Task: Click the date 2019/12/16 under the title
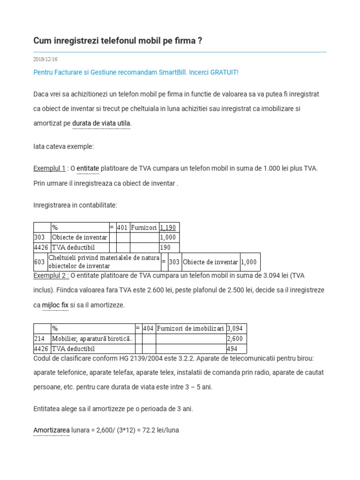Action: [x=45, y=60]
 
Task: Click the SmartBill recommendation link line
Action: [x=136, y=73]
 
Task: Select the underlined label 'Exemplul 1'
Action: [x=49, y=168]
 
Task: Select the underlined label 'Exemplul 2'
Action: [x=51, y=275]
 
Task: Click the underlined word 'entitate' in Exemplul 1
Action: [x=88, y=168]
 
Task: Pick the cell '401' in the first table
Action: [x=122, y=227]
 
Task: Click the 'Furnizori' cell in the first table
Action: [x=144, y=227]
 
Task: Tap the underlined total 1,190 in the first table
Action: [x=168, y=227]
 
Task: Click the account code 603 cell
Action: [x=40, y=262]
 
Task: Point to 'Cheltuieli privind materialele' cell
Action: [x=104, y=262]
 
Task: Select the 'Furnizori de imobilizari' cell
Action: [x=190, y=329]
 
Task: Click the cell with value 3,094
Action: [x=235, y=329]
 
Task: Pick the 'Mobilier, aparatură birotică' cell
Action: [x=92, y=338]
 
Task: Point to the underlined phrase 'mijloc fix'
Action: [x=55, y=305]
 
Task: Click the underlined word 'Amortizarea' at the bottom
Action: [x=52, y=430]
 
